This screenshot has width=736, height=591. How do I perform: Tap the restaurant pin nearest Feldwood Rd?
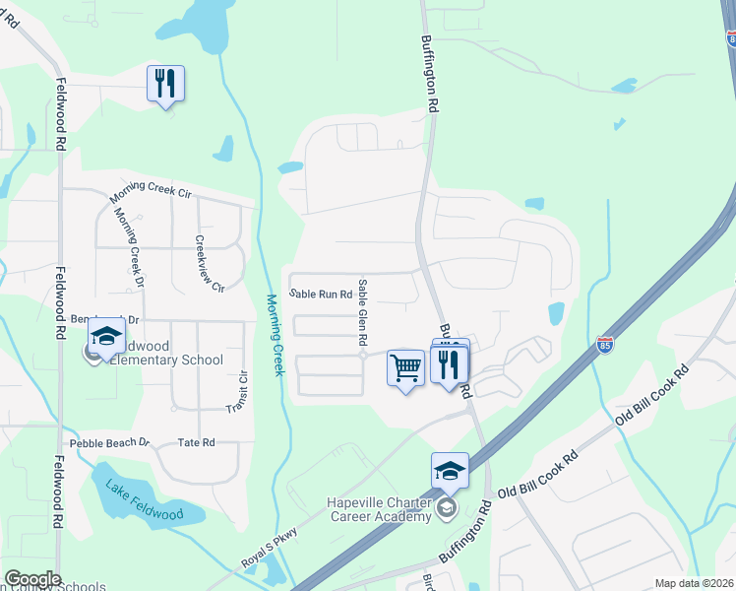click(165, 84)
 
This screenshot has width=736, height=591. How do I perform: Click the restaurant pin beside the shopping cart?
click(450, 365)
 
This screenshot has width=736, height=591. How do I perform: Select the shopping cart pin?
click(405, 368)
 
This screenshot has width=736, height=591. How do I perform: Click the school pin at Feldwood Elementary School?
click(106, 337)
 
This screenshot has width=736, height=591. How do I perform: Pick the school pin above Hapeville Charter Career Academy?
click(450, 472)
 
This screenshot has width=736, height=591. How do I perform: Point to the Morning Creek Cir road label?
click(150, 190)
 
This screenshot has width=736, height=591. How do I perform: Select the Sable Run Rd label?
click(321, 294)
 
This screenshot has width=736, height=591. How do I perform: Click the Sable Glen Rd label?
click(362, 311)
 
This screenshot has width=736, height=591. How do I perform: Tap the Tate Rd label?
click(196, 443)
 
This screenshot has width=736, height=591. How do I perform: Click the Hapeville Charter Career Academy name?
click(379, 508)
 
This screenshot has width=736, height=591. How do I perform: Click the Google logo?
click(32, 579)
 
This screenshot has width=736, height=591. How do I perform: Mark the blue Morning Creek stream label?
click(276, 334)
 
